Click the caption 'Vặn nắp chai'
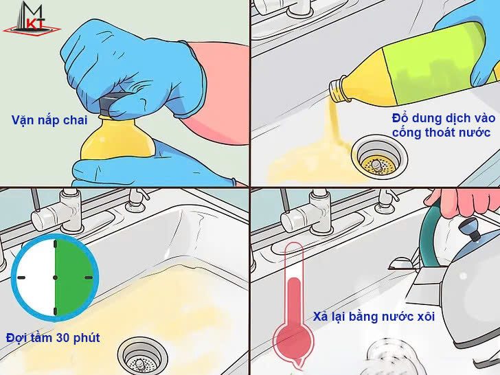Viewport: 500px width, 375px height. [x=49, y=120]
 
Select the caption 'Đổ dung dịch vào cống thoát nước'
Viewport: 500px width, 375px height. [x=443, y=125]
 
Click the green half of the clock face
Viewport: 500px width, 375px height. [x=74, y=277]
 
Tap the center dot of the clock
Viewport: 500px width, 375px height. [x=56, y=277]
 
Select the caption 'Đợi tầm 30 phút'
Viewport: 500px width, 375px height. [x=53, y=338]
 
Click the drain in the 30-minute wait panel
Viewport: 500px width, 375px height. [x=142, y=356]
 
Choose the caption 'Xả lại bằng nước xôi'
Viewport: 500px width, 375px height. [x=374, y=317]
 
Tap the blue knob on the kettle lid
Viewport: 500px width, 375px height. [x=469, y=229]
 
